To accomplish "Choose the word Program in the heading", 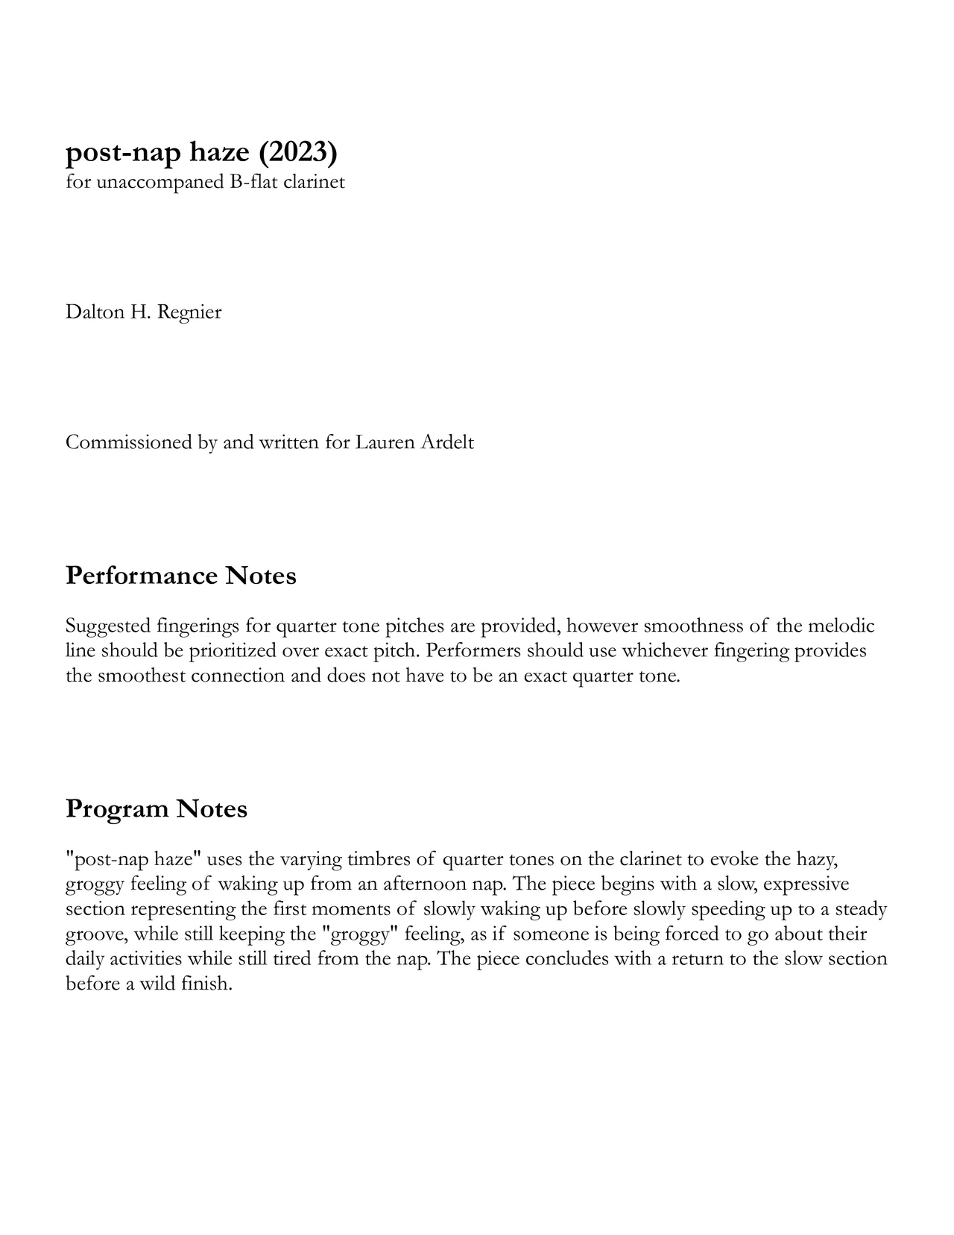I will pos(116,808).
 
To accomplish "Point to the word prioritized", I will pos(231,651).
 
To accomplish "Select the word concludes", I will pos(566,959).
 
